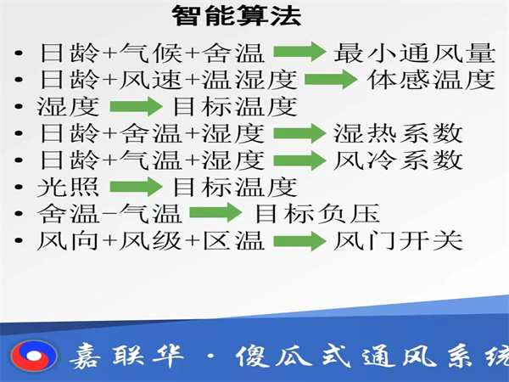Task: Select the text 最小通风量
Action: (x=414, y=53)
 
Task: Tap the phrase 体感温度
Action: (x=430, y=81)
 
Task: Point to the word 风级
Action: (x=152, y=240)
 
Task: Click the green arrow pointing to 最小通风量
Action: (x=299, y=53)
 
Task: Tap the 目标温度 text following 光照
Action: (x=235, y=187)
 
